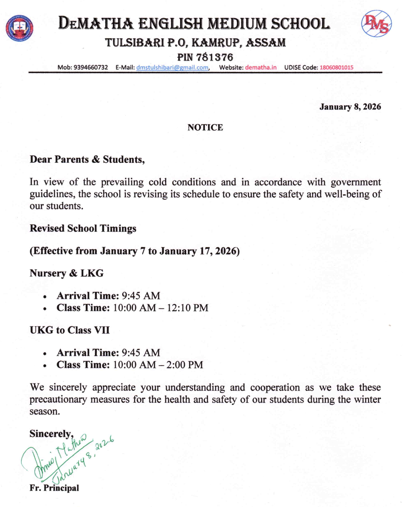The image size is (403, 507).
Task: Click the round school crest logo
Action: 20,28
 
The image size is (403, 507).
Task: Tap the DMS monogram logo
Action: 376,24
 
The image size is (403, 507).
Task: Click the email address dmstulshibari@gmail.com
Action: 172,67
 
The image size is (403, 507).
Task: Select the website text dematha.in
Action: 260,67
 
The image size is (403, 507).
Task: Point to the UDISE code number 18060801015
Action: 336,67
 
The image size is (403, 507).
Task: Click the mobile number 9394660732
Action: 91,67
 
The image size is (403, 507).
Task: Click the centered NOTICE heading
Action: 205,127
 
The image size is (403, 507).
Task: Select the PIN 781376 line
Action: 205,57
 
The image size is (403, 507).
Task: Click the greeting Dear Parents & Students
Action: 87,159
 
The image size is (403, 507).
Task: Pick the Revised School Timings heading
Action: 83,228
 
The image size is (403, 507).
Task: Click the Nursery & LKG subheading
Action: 66,273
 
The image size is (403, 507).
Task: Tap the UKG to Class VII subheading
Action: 69,330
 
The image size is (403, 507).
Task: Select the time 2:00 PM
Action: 185,365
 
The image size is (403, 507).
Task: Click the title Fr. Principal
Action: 54,488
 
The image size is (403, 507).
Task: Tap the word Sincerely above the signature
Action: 51,434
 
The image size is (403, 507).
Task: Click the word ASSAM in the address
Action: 266,43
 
